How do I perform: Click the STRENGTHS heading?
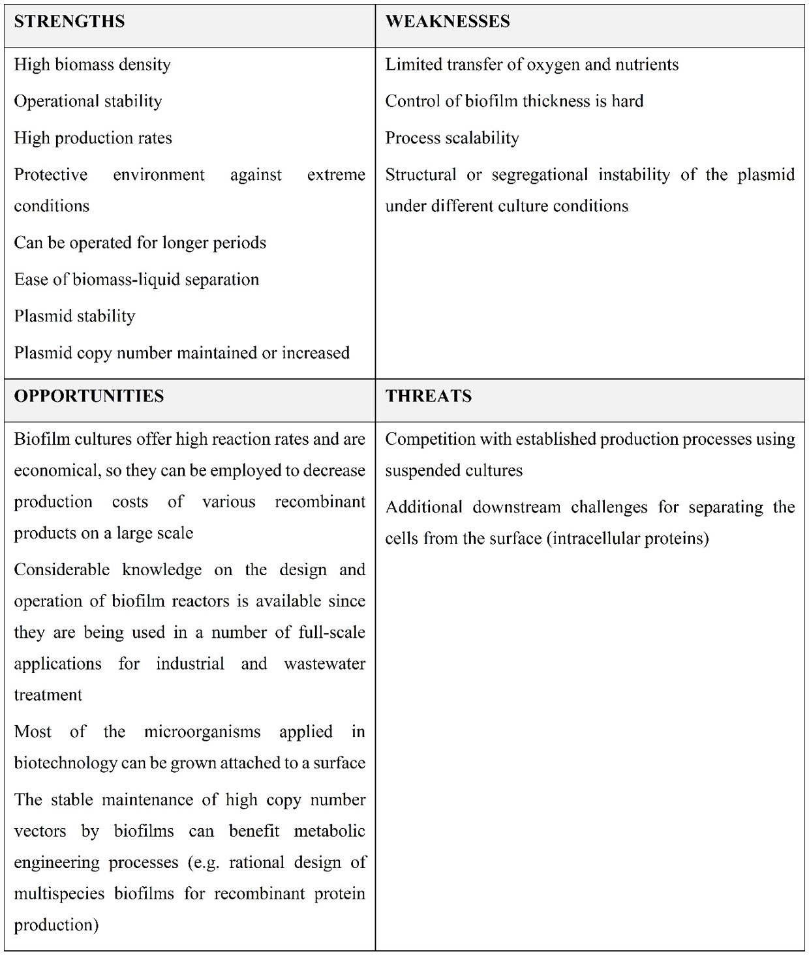point(69,22)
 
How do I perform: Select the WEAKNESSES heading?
point(448,22)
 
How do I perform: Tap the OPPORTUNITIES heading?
point(89,396)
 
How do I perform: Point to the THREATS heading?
point(428,396)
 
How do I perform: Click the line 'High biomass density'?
point(92,65)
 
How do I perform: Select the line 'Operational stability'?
point(87,101)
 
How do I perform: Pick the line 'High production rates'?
point(93,138)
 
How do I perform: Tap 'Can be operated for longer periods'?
point(140,243)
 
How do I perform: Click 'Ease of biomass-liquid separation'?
point(136,280)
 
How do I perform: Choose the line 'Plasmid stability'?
point(74,316)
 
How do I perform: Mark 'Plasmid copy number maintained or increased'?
point(181,353)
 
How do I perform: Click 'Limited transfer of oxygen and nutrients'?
point(532,65)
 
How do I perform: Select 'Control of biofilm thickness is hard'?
point(514,101)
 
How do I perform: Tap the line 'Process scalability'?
point(452,138)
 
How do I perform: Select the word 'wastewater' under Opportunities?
point(324,664)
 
